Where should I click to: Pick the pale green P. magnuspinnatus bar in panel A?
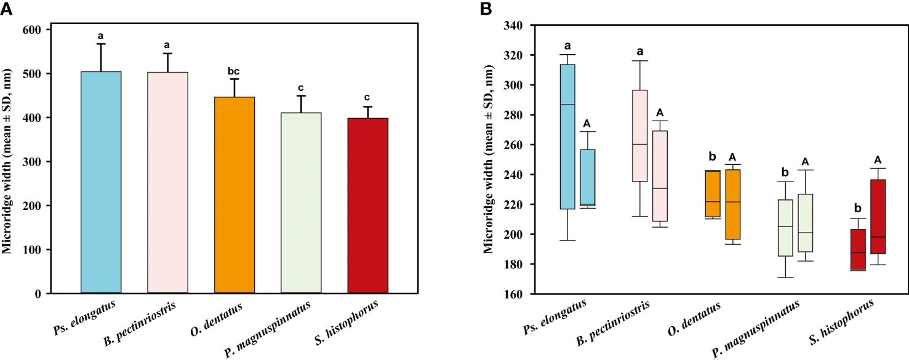[x=301, y=203]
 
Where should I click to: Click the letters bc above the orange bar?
[x=234, y=71]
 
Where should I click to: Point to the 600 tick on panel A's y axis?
[x=36, y=30]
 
